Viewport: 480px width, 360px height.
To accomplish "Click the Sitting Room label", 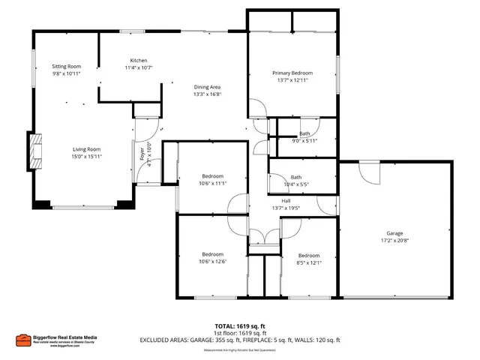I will click(66, 67).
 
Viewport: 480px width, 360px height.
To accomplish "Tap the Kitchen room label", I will click(139, 60).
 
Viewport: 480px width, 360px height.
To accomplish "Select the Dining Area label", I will click(207, 87).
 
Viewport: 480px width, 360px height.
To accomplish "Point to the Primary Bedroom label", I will click(292, 73).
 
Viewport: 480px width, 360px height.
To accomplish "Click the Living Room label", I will click(86, 149).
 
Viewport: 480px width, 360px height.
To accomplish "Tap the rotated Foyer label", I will click(142, 154).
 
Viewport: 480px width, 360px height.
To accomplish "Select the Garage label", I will click(394, 233).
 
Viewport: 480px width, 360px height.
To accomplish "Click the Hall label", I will click(286, 201).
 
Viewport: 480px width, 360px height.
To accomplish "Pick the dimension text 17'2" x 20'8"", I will click(394, 241).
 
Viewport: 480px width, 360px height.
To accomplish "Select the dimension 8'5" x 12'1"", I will click(309, 262).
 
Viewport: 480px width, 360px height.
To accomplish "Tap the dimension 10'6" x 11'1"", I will click(212, 183).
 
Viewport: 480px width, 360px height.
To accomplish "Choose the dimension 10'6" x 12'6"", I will click(212, 262).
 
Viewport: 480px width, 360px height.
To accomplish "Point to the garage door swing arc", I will click(369, 173).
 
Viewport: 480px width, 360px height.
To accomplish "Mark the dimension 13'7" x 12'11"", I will click(292, 80).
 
